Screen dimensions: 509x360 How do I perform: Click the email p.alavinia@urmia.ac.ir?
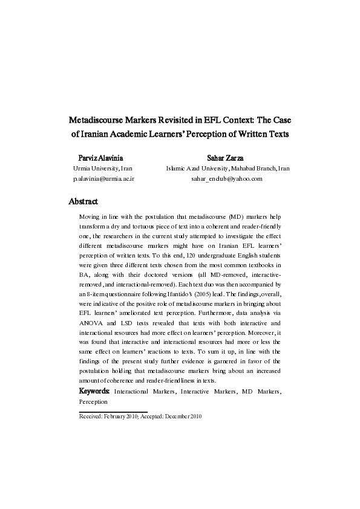[103, 180]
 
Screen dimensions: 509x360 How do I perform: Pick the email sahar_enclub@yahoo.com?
[227, 180]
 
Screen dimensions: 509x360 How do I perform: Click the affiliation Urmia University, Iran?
[103, 168]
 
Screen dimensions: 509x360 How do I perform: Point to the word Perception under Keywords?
[93, 401]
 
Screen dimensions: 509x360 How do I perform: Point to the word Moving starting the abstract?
[91, 215]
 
